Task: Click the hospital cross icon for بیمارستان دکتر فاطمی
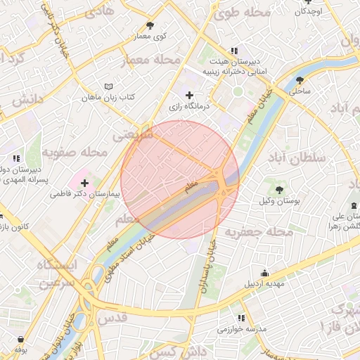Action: (85, 183)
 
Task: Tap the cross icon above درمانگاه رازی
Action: (189, 96)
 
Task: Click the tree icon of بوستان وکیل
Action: (279, 190)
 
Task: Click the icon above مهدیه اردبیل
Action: (264, 274)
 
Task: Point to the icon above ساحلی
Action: (300, 80)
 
